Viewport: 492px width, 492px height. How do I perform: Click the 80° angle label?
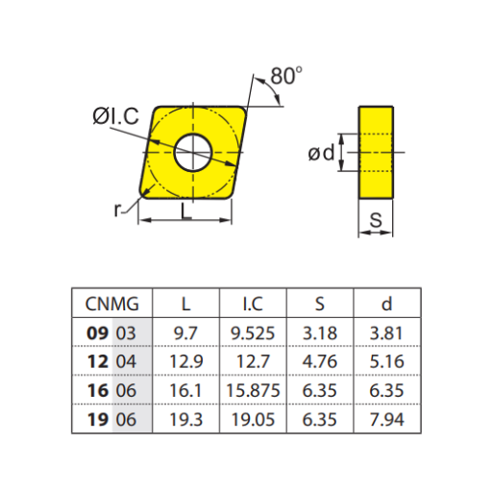tap(287, 75)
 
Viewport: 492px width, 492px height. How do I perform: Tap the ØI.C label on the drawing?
tap(116, 117)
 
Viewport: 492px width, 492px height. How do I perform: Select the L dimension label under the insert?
tap(186, 212)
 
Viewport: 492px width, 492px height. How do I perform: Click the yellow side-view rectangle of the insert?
tap(377, 152)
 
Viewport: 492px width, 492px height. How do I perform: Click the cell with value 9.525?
tap(253, 333)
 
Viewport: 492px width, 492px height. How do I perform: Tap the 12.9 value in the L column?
tap(185, 362)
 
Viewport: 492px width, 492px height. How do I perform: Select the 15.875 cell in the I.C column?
tap(253, 391)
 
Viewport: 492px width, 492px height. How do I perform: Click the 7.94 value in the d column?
tap(386, 420)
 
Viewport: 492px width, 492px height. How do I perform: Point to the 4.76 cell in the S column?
tap(320, 362)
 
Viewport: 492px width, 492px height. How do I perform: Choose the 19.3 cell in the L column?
tap(185, 420)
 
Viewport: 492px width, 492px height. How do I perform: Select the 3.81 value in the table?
tap(386, 333)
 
